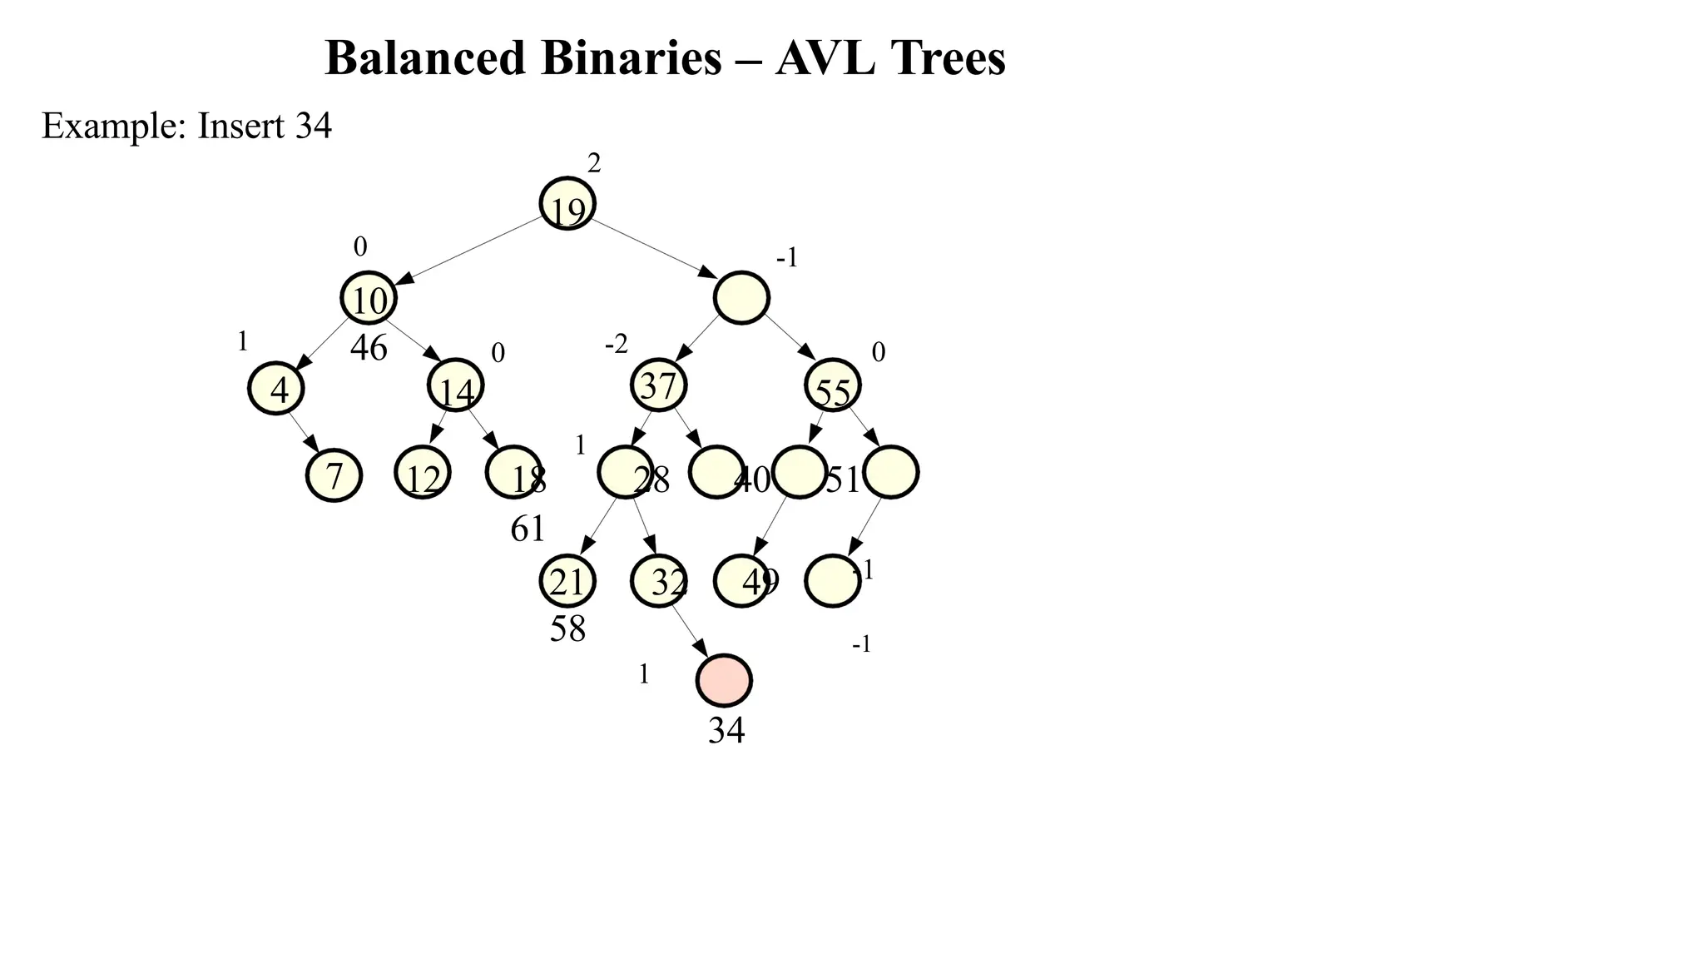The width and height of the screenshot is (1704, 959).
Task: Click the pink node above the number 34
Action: (724, 680)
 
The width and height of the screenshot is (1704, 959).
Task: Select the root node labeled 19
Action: (567, 203)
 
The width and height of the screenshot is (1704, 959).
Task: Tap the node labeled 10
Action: (369, 297)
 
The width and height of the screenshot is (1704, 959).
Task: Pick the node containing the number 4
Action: (276, 388)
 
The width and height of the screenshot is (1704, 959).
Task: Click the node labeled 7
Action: (334, 475)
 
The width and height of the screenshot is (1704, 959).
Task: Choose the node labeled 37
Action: (659, 385)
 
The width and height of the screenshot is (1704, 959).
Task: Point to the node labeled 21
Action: (567, 581)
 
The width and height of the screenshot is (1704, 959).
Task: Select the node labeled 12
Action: (423, 473)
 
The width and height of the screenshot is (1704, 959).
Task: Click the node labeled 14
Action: (455, 385)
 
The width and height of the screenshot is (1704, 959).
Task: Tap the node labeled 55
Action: (833, 385)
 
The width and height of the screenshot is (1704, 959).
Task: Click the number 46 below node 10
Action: (369, 348)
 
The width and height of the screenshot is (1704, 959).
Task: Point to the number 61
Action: (528, 529)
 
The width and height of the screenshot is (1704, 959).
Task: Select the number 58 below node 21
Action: (567, 629)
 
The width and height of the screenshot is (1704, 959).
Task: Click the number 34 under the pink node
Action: (726, 730)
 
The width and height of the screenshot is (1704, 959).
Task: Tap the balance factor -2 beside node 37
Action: (617, 344)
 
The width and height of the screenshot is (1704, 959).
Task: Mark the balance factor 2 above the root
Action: (594, 164)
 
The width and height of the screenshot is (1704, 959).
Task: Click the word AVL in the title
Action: (825, 58)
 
